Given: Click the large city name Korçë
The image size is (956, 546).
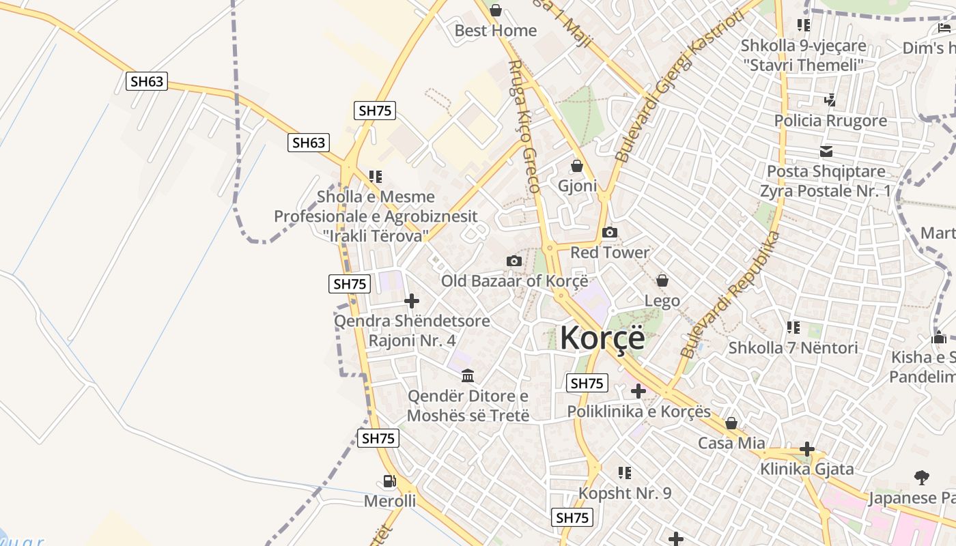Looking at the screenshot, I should coord(602,337).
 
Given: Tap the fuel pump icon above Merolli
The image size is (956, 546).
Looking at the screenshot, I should coord(389,481).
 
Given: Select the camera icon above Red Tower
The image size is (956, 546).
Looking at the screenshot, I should coord(610,233).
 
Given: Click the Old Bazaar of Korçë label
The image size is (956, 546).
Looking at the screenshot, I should coord(514,281).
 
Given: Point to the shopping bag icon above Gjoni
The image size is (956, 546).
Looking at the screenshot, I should coord(577,167).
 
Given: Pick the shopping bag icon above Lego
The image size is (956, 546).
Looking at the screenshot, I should coord(662,281).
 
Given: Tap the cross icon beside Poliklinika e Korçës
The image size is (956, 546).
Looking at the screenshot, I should coord(638,391).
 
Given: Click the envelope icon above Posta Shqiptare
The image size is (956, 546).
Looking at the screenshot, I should coord(826,151).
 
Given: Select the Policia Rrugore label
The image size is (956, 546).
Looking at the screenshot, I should coord(830,121).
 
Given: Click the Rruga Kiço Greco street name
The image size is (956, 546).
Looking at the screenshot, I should coord(524,126).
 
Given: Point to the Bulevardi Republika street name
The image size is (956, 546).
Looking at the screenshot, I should coord(730,294).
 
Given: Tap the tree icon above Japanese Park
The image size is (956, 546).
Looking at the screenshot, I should coord(921,477).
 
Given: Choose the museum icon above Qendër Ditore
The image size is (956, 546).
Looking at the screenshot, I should coord(468,375).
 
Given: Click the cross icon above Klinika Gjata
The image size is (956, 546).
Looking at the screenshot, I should coord(807,449).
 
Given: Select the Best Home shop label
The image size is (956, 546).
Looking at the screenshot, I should coord(496,31).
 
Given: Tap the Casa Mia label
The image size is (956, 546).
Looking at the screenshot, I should coord(731,443).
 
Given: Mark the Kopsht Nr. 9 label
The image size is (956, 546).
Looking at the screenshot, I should coord(625,493).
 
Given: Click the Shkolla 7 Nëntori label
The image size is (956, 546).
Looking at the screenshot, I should coord(793,347).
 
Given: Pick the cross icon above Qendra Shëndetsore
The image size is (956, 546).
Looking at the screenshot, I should coord(412,301).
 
